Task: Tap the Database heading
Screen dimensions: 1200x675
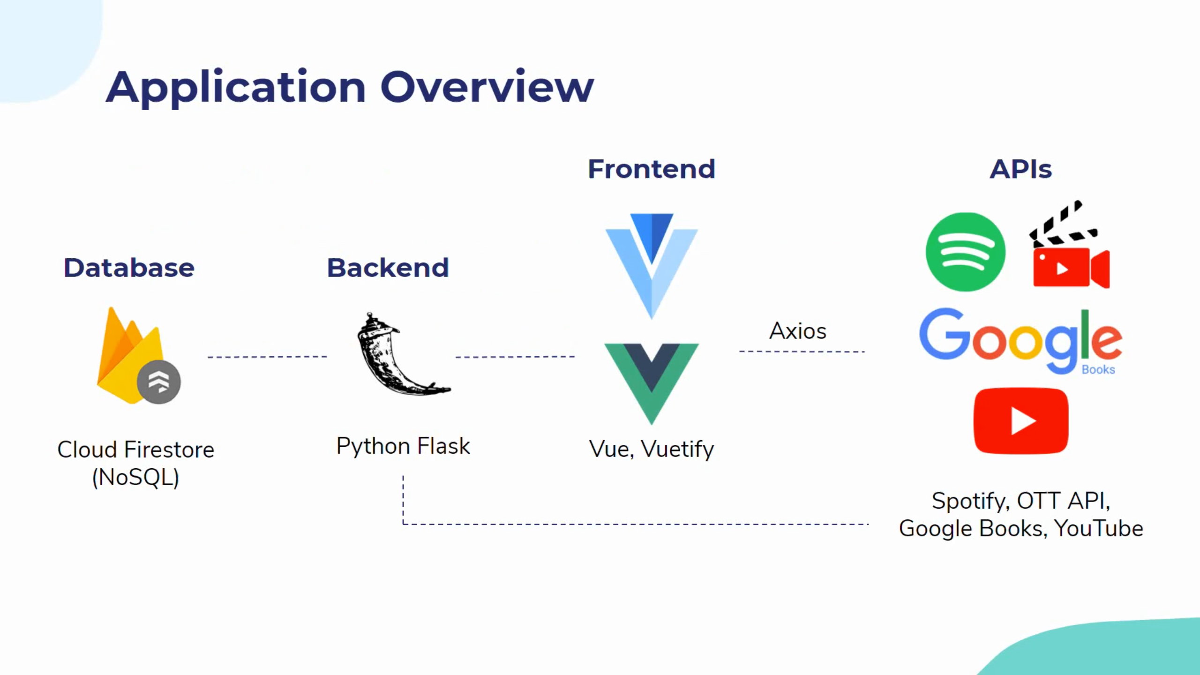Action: click(x=129, y=268)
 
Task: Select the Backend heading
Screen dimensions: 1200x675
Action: click(x=388, y=268)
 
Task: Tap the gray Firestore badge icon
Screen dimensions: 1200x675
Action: click(x=159, y=382)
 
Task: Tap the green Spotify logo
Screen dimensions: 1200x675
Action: click(x=966, y=252)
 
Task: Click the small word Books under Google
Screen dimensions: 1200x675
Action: click(x=1098, y=369)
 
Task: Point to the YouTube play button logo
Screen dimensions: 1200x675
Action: click(x=1021, y=421)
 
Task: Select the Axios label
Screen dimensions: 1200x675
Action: click(x=798, y=331)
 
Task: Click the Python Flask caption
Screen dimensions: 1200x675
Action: click(x=403, y=446)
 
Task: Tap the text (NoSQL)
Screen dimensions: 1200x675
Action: click(x=136, y=478)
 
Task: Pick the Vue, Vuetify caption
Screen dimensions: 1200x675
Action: click(x=652, y=449)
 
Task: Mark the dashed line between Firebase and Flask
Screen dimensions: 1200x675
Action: click(x=267, y=357)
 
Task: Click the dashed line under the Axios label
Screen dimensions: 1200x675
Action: click(x=802, y=351)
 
